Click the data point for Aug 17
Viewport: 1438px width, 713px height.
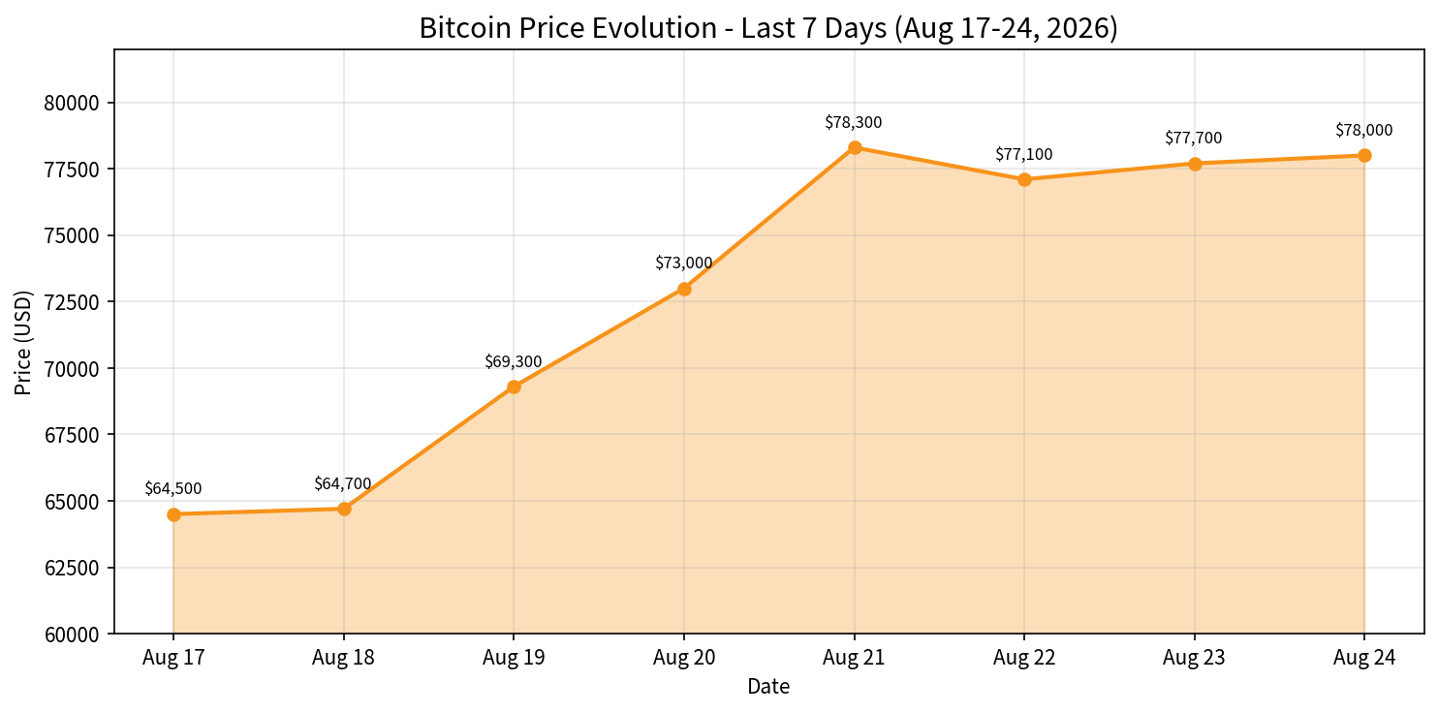coord(173,514)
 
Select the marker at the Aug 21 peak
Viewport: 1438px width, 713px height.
coord(855,147)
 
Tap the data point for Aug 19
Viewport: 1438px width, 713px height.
coord(514,387)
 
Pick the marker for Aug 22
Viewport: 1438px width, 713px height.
coord(1024,179)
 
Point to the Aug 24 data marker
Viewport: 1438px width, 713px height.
coord(1364,155)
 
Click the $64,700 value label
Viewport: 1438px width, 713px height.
coord(343,483)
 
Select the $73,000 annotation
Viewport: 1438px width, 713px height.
coord(684,263)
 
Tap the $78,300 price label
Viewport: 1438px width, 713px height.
coord(854,122)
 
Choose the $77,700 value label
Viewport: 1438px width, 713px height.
coord(1194,138)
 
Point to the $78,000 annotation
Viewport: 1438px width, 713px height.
coord(1364,130)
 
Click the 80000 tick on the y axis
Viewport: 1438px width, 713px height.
coord(72,104)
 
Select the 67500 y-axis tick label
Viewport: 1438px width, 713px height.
coord(72,435)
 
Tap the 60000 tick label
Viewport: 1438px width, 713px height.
coord(72,635)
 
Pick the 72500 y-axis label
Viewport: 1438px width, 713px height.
coord(72,302)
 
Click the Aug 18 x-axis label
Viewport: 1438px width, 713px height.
coord(343,658)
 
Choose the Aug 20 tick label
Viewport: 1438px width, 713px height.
coord(684,658)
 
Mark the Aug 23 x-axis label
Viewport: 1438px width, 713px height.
coord(1194,658)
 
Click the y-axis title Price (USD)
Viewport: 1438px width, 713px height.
coord(23,342)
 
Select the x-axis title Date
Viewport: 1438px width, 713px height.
coord(768,687)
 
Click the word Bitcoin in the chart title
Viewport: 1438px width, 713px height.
coord(459,28)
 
